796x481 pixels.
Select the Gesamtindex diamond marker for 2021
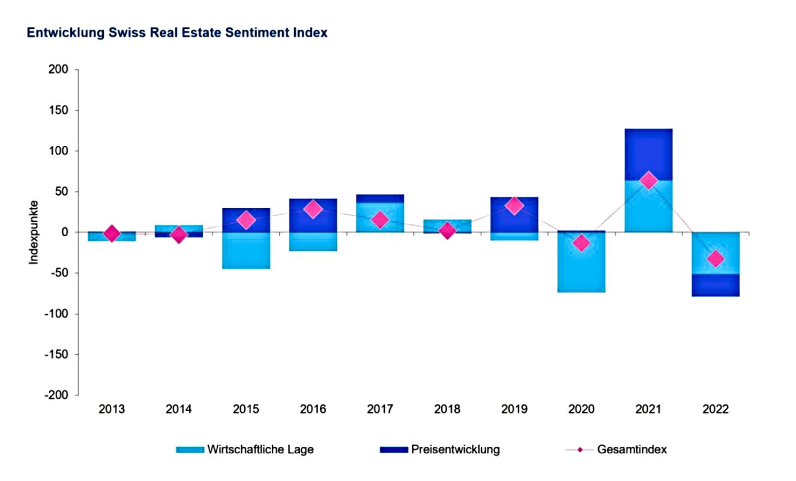[648, 180]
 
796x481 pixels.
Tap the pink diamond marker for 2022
[716, 259]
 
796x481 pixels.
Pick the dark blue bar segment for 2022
[716, 285]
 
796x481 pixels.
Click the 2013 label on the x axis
[112, 409]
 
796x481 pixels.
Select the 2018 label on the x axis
[447, 409]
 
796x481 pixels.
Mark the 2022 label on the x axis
[716, 409]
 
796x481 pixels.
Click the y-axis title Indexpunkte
[34, 232]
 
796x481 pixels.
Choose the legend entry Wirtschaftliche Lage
[260, 449]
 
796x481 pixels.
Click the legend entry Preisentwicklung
[454, 449]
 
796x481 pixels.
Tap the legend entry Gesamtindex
[632, 449]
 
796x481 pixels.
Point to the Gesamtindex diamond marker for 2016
[313, 209]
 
